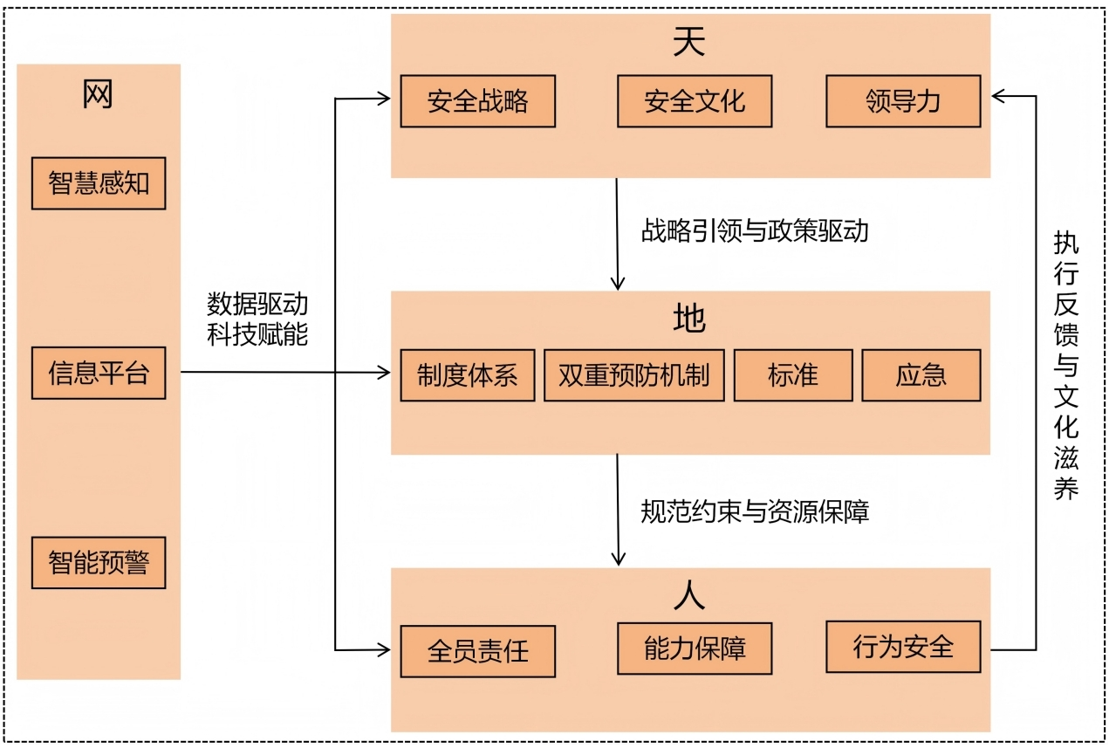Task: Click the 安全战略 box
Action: (x=477, y=101)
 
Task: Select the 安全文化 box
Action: (x=695, y=101)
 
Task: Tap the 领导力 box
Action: (x=903, y=101)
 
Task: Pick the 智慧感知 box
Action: (x=99, y=183)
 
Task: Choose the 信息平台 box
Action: (x=99, y=374)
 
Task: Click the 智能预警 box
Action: (x=99, y=563)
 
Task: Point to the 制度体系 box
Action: (x=467, y=375)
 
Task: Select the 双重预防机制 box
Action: (x=633, y=375)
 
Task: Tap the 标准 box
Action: (x=793, y=375)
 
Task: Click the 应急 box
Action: (x=921, y=375)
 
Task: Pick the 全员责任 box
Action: (x=477, y=651)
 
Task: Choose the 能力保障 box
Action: (x=695, y=648)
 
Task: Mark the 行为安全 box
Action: (x=903, y=647)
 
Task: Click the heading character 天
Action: (x=689, y=43)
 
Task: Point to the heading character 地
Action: (x=689, y=319)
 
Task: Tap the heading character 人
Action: (x=689, y=595)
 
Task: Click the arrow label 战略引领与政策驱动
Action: (x=755, y=231)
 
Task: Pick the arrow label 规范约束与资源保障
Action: (x=755, y=511)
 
